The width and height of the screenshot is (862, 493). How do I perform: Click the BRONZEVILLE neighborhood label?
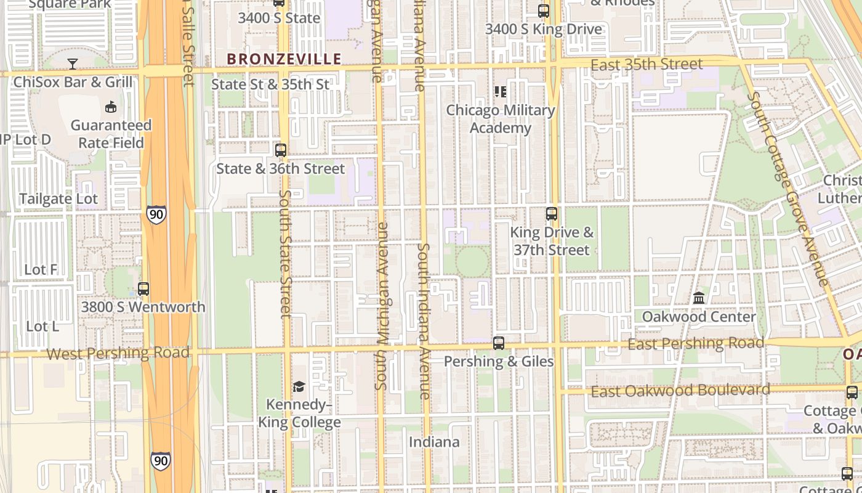click(x=284, y=59)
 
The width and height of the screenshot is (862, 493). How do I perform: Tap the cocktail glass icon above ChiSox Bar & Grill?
click(x=73, y=63)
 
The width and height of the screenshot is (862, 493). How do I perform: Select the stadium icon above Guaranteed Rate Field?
click(x=111, y=107)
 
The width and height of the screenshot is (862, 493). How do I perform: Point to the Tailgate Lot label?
click(x=58, y=199)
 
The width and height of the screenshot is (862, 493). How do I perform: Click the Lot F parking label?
click(x=41, y=269)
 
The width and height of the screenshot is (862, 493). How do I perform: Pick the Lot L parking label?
click(x=42, y=326)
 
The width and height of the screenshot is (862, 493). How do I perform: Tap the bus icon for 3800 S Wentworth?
click(x=143, y=288)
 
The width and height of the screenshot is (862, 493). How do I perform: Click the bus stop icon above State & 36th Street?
click(x=281, y=150)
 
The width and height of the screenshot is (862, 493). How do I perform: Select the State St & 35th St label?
click(x=270, y=84)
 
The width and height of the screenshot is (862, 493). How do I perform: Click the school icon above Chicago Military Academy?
click(x=501, y=92)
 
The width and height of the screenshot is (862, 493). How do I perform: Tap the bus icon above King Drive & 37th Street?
click(x=552, y=214)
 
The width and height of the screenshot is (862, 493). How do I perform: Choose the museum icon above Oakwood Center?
click(x=699, y=298)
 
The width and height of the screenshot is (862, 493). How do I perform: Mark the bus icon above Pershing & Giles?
click(x=499, y=343)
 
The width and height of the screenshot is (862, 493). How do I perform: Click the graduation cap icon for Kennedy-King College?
click(x=299, y=386)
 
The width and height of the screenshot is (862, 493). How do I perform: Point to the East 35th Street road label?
click(x=647, y=65)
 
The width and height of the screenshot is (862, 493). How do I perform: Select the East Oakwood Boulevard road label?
click(x=680, y=390)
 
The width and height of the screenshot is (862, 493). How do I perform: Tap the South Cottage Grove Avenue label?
click(x=787, y=189)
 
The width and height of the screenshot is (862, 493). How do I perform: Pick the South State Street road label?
click(x=285, y=254)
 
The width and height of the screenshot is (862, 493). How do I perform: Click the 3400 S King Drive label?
click(x=544, y=29)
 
